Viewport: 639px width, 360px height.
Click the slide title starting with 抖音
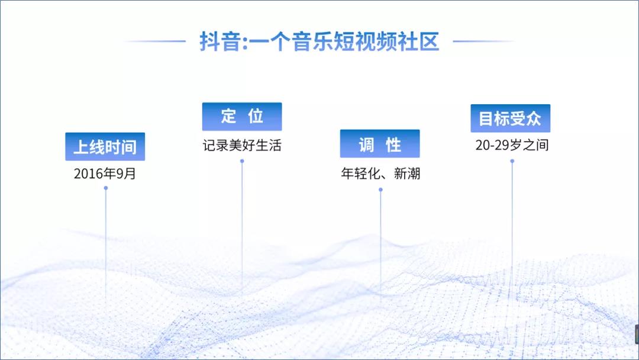319,41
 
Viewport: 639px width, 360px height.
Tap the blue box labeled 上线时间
105,146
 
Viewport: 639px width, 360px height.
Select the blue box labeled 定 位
242,117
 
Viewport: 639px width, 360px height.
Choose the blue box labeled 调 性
380,143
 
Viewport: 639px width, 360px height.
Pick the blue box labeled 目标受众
510,118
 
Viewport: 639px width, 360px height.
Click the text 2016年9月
105,173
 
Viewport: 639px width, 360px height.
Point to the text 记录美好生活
242,145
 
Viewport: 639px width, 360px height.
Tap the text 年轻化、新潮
380,173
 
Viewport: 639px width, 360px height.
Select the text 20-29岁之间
512,145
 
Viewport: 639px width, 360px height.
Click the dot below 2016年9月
106,188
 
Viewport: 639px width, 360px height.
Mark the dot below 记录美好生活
242,161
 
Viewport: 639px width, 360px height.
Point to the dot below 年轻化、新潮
380,189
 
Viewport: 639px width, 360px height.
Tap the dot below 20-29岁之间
512,161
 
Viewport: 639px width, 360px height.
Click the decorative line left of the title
155,41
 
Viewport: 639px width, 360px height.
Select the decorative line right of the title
484,41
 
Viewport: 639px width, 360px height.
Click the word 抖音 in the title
220,41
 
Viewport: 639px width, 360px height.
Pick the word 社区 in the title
419,41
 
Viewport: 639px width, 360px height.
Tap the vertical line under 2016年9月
106,245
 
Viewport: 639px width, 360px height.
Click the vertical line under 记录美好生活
242,226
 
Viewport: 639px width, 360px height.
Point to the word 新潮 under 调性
406,173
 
